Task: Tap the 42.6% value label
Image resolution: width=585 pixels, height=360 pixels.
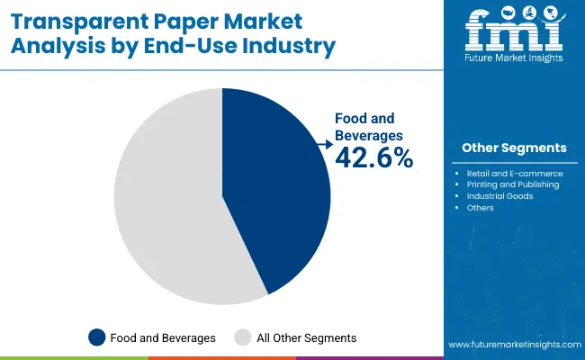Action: click(373, 158)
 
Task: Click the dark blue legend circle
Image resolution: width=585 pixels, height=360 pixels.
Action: click(96, 337)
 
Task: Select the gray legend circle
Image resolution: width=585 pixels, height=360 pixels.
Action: click(242, 337)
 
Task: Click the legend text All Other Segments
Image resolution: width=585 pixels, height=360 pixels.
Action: click(307, 337)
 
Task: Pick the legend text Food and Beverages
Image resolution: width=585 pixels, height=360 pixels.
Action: click(163, 337)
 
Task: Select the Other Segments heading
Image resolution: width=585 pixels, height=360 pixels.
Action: click(514, 148)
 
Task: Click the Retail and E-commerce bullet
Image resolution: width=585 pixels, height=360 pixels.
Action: click(514, 173)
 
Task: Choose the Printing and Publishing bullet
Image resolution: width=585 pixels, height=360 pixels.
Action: click(512, 184)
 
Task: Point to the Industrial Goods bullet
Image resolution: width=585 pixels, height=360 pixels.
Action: click(499, 196)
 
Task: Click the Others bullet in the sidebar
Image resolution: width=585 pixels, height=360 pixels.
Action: click(480, 208)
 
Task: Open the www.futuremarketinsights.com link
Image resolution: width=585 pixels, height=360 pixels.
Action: click(512, 345)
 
